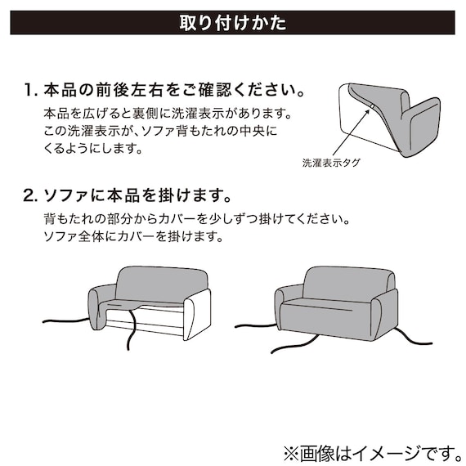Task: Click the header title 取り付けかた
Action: click(x=233, y=23)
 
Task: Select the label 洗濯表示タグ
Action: click(x=331, y=163)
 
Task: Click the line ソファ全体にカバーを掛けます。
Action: click(x=132, y=239)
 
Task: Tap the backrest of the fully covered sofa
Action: click(x=338, y=283)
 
